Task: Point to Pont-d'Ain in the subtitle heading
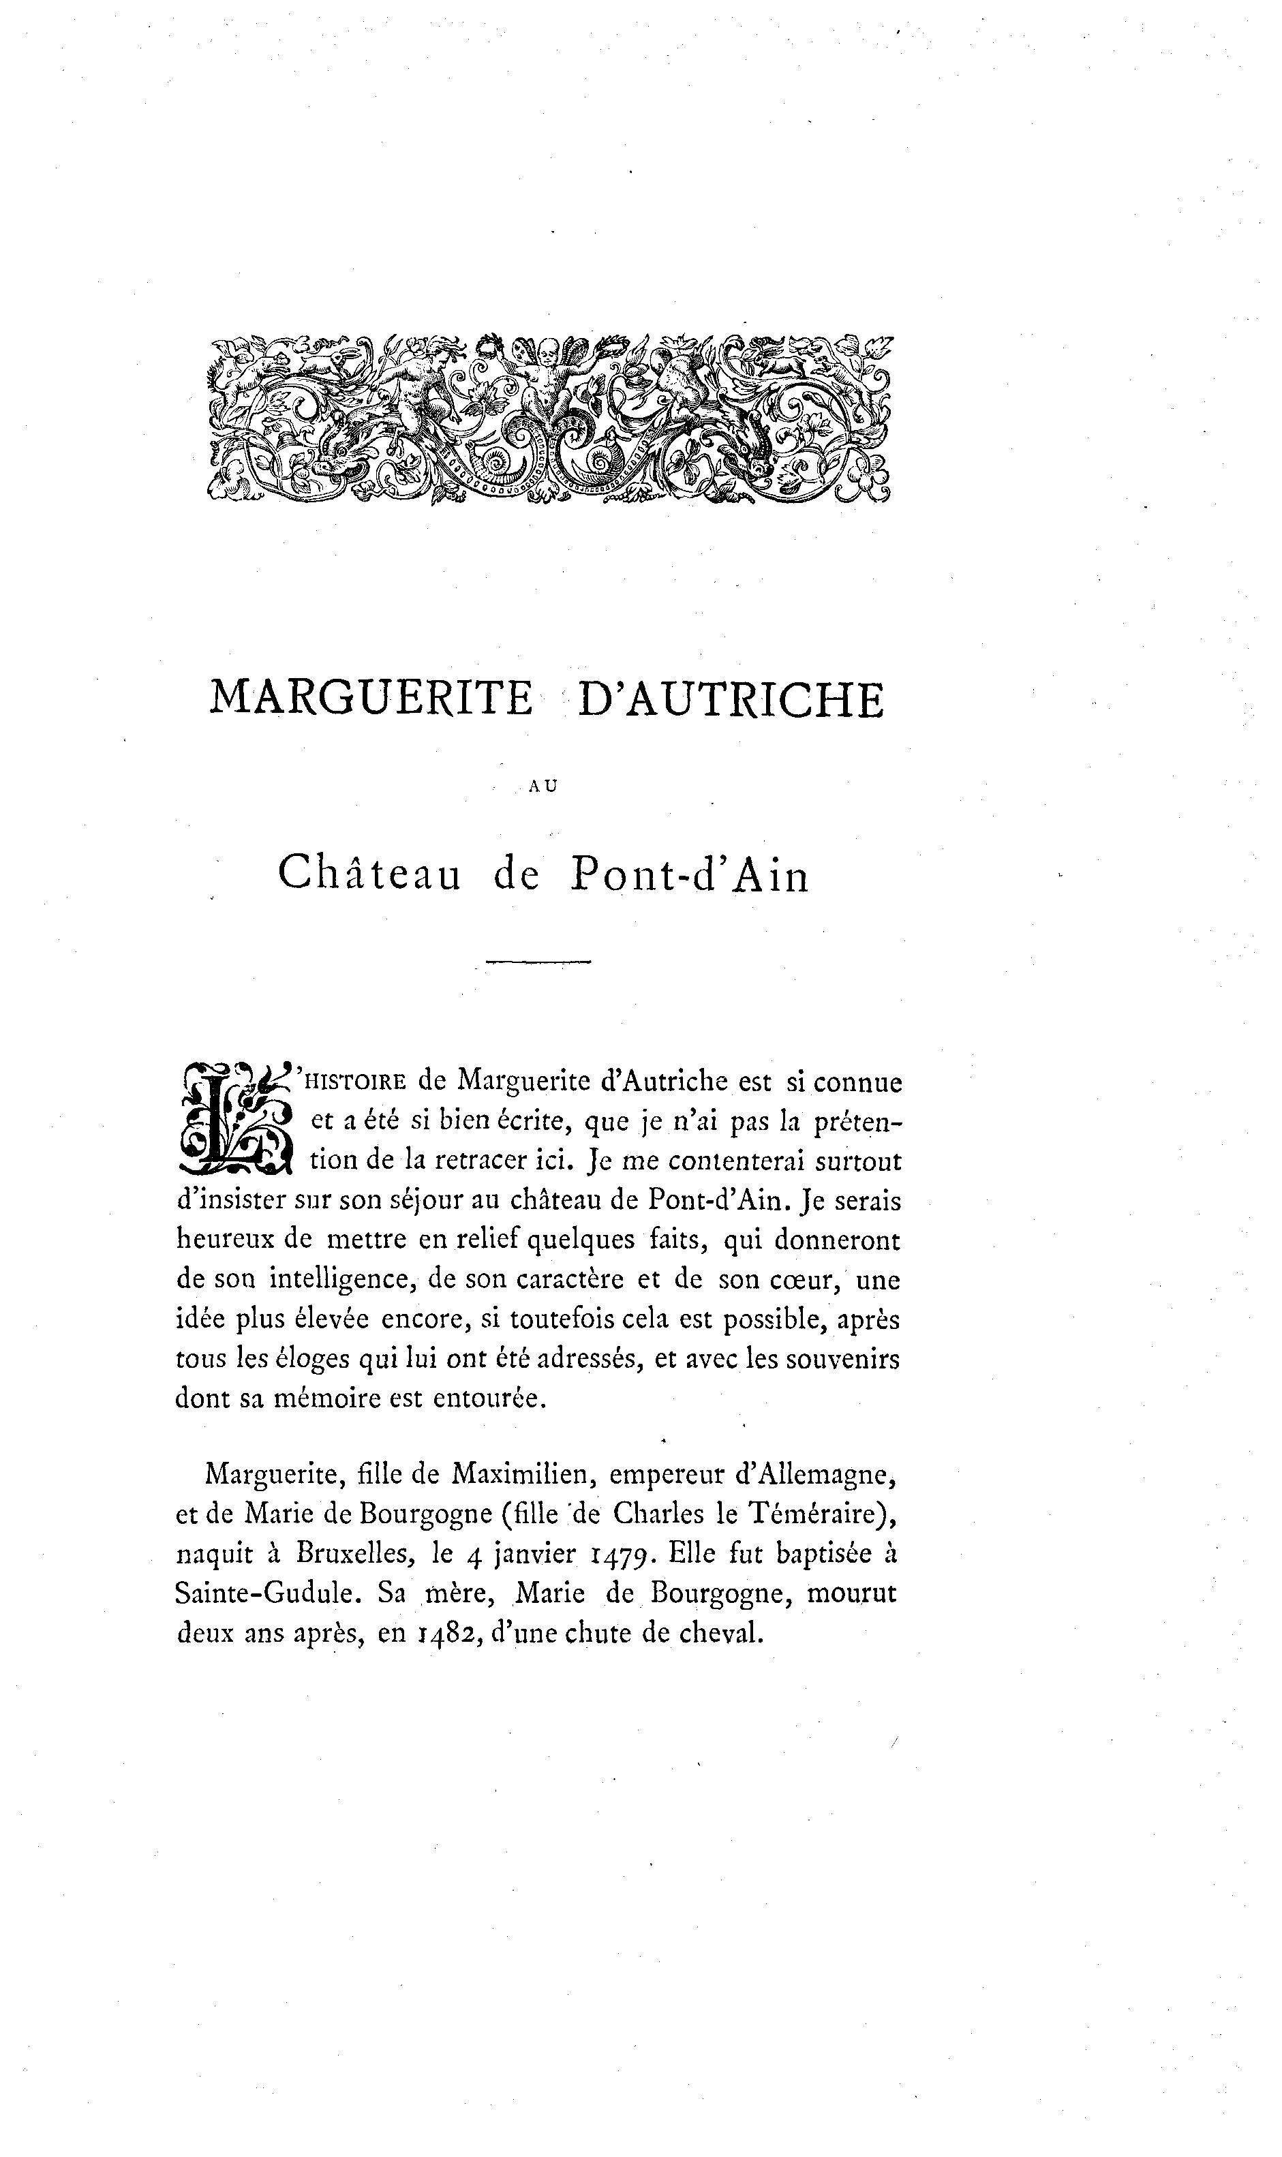[688, 875]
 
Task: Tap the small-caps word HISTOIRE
[356, 1082]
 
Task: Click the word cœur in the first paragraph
[799, 1280]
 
